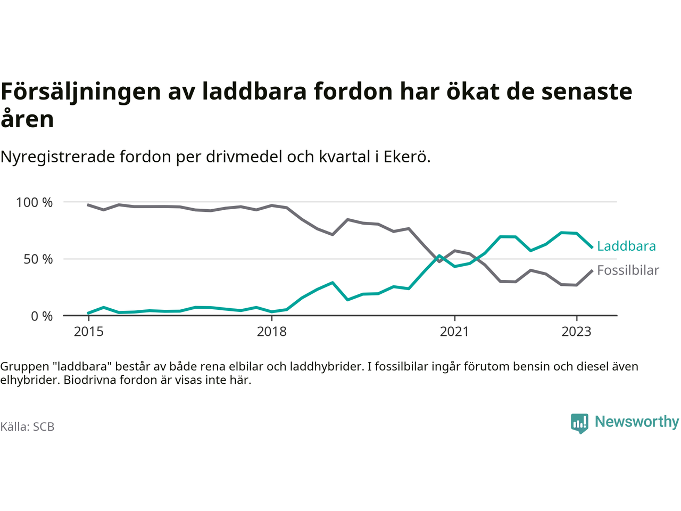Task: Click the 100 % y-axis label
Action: click(x=35, y=202)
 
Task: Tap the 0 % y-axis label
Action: click(x=41, y=316)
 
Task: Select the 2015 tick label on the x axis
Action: click(x=89, y=332)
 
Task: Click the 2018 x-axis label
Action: click(x=271, y=332)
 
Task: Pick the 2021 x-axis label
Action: click(x=454, y=332)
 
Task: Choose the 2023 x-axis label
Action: click(x=576, y=332)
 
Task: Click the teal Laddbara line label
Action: click(x=626, y=246)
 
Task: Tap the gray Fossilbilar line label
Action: click(x=628, y=270)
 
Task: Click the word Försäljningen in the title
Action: click(x=80, y=92)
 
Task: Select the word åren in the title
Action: click(x=27, y=119)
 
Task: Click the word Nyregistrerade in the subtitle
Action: click(x=59, y=157)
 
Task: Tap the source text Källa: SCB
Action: click(x=27, y=427)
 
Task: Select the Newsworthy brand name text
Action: click(x=637, y=422)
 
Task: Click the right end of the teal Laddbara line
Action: click(x=592, y=247)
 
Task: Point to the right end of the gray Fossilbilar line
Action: click(x=592, y=270)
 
